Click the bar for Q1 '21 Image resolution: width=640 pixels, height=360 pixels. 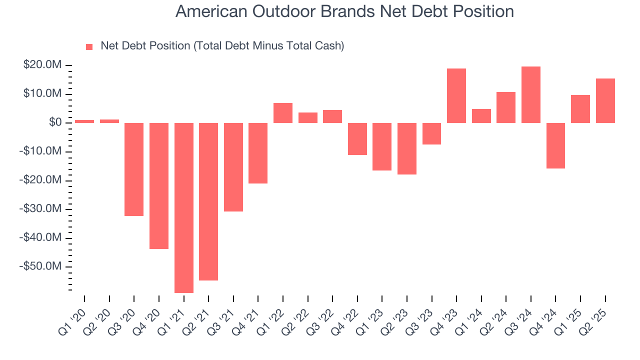183,207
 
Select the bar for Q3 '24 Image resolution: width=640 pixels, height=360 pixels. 531,94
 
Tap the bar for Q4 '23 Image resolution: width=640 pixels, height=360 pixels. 456,95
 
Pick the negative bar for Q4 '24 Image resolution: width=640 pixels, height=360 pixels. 555,145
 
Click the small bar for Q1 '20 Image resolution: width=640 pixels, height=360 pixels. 84,121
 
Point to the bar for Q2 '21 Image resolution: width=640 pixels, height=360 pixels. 208,201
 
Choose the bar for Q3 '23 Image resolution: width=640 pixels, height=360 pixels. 431,133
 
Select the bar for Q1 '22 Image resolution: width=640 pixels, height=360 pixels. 283,113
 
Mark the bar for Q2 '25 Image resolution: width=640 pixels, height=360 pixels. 605,100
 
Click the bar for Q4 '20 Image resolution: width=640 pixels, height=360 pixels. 159,185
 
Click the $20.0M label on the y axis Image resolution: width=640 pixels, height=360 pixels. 42,65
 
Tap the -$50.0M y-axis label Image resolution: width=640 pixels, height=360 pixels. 40,266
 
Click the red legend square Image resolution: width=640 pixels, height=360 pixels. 89,46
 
